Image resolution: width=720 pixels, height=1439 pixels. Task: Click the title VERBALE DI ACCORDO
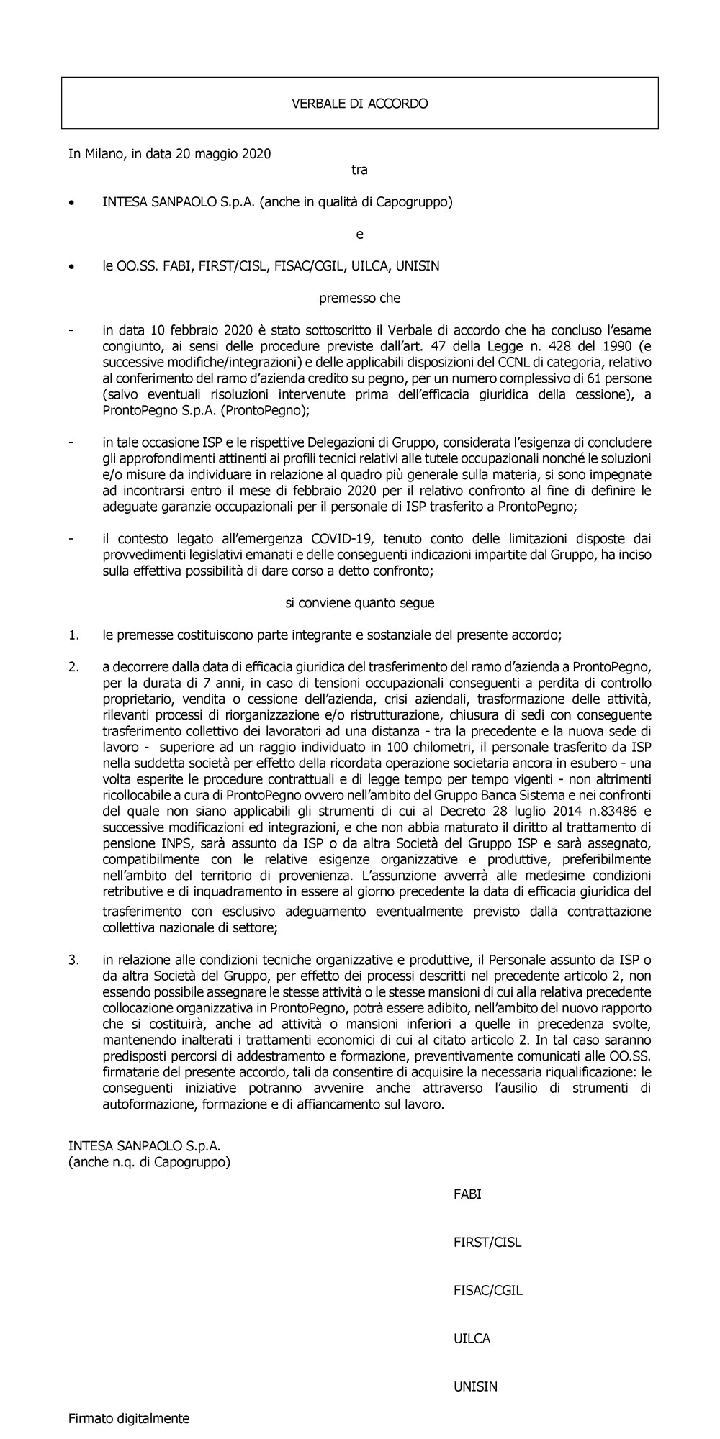[x=359, y=104]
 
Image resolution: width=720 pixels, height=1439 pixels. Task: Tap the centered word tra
[x=359, y=171]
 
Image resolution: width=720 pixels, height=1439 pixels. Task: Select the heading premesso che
[x=359, y=298]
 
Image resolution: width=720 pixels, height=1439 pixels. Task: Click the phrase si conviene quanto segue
[x=359, y=603]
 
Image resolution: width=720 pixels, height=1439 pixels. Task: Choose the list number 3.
[x=73, y=959]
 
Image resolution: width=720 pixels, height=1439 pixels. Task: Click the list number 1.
[x=73, y=635]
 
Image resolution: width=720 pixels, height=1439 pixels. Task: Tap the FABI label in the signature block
[x=467, y=1194]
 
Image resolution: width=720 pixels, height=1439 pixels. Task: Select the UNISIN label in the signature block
[x=475, y=1386]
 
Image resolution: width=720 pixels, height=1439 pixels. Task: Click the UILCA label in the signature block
[x=472, y=1338]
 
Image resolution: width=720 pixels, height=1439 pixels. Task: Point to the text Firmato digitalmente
[x=129, y=1419]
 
